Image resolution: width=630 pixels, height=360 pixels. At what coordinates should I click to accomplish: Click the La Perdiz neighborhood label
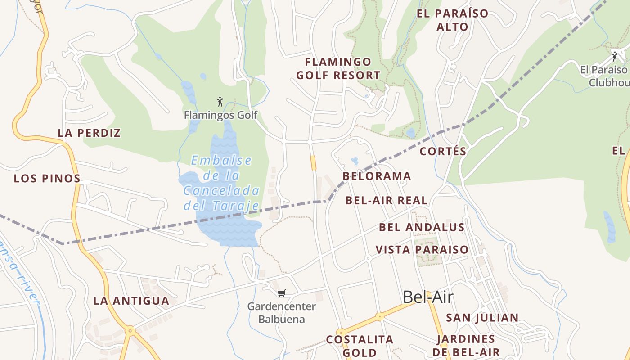tap(89, 133)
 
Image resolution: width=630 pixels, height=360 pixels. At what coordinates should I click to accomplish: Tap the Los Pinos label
tap(47, 178)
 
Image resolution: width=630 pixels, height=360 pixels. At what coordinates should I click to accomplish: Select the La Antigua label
tap(131, 301)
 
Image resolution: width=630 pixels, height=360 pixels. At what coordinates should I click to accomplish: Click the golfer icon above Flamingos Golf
tap(220, 102)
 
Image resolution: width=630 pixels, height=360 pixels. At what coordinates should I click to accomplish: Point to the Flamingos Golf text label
tap(220, 115)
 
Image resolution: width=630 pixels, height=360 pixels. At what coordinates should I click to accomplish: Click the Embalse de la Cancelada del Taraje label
tap(221, 183)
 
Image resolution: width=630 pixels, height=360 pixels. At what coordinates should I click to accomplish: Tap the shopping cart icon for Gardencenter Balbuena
tap(282, 293)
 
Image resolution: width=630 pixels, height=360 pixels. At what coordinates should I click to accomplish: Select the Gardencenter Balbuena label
tap(282, 313)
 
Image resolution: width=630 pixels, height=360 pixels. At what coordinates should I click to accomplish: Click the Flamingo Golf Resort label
tap(338, 68)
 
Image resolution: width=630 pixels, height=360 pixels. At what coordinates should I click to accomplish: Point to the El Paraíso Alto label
tap(452, 20)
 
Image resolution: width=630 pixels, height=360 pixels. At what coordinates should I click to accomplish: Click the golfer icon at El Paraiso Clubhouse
tap(615, 57)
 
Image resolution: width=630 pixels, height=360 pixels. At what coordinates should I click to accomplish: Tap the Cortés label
tap(443, 151)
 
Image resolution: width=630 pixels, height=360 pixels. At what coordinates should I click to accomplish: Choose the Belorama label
tap(377, 176)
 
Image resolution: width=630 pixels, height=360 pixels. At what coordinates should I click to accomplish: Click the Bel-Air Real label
tap(386, 200)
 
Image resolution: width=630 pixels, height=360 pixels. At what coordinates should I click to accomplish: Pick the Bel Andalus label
tap(422, 227)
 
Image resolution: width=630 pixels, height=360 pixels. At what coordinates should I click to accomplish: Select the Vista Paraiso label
tap(422, 249)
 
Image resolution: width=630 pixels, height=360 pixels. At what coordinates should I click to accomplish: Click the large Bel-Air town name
tap(427, 297)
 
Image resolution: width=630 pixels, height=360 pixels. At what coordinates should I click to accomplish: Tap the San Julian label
tap(482, 318)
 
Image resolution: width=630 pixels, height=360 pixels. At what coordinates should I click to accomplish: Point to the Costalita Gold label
tap(360, 346)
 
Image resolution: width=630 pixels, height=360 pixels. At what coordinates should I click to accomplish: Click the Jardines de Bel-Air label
tap(466, 346)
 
